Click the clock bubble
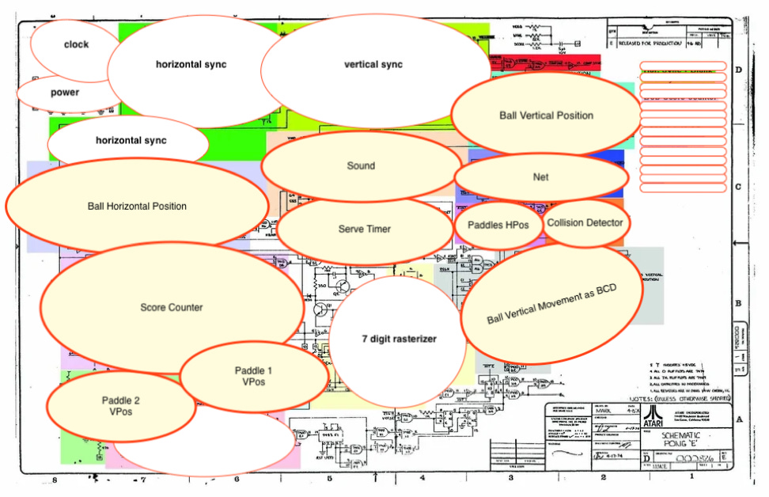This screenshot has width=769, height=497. pyautogui.click(x=76, y=45)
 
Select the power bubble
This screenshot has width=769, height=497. pyautogui.click(x=65, y=93)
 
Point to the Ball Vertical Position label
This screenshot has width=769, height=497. pyautogui.click(x=546, y=116)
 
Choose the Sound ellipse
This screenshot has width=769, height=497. pyautogui.click(x=361, y=166)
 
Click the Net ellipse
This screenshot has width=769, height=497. pyautogui.click(x=540, y=177)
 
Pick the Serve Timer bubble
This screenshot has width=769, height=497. pyautogui.click(x=364, y=230)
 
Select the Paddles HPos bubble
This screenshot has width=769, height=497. pyautogui.click(x=497, y=225)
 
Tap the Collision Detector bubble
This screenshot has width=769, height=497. pyautogui.click(x=586, y=223)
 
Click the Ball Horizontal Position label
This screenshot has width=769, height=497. pyautogui.click(x=137, y=207)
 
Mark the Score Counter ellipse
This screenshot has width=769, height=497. pyautogui.click(x=172, y=308)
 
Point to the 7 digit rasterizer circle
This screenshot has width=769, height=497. pyautogui.click(x=400, y=340)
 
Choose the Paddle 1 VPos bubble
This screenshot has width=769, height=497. pyautogui.click(x=254, y=376)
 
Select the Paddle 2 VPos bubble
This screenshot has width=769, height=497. pyautogui.click(x=121, y=406)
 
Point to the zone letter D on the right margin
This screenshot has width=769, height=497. pyautogui.click(x=739, y=70)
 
